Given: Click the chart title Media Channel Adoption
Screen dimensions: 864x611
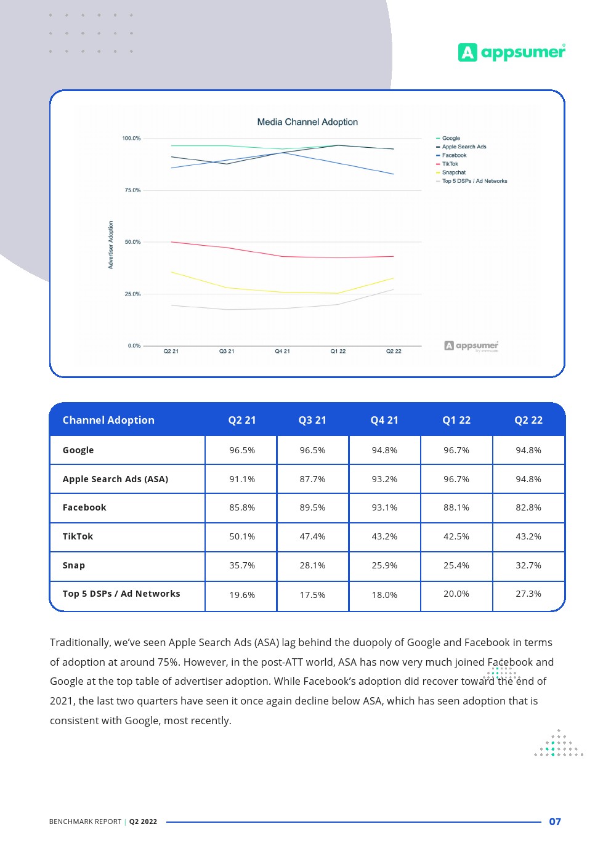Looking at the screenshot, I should (307, 122).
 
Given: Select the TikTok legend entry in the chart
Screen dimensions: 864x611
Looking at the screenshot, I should (450, 164).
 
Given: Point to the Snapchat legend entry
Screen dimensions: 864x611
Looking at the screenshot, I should (453, 172).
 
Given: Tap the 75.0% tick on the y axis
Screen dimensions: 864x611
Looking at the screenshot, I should (132, 190).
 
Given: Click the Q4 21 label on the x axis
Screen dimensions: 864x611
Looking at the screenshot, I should (282, 351).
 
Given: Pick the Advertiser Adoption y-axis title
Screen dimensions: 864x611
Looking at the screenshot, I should (111, 244).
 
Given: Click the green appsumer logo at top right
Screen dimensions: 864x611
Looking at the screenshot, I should (511, 52).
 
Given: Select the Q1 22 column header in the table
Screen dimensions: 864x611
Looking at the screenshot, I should (456, 420).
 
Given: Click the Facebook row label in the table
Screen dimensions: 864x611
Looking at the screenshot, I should (84, 507).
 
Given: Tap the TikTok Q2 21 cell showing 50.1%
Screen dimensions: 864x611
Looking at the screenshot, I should (242, 536).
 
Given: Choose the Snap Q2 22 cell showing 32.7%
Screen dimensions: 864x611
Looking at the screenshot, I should (528, 565).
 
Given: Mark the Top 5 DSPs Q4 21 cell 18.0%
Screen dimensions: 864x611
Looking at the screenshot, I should (384, 595).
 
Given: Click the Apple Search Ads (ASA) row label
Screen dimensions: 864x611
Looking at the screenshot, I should (115, 479).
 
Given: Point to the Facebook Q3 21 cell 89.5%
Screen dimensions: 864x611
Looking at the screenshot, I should (312, 507).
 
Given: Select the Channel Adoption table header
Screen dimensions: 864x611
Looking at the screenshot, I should (108, 420).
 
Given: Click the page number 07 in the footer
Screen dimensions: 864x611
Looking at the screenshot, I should (555, 822).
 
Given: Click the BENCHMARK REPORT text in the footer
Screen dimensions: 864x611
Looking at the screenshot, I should (85, 822).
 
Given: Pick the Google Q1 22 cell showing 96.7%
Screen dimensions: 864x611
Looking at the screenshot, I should (456, 450).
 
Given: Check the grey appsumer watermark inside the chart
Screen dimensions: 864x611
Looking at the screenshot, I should (472, 346).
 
